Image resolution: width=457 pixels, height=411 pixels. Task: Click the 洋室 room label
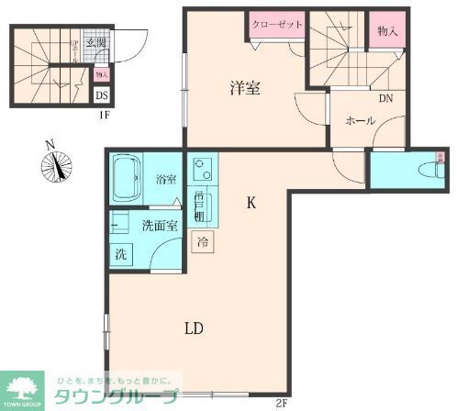[x=244, y=88]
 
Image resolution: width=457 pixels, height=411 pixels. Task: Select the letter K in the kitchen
[x=251, y=205]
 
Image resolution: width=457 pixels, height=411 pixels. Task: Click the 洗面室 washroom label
[x=158, y=225]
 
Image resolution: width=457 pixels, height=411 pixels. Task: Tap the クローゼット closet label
[x=276, y=25]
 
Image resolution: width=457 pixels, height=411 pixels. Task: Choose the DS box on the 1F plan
[x=103, y=93]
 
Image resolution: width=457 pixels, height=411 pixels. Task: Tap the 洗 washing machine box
[x=120, y=254]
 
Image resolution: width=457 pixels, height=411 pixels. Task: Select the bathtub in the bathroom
[x=125, y=179]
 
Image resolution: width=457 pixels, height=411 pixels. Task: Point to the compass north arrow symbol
[x=57, y=166]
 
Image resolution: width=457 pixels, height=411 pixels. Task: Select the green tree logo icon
[x=24, y=386]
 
